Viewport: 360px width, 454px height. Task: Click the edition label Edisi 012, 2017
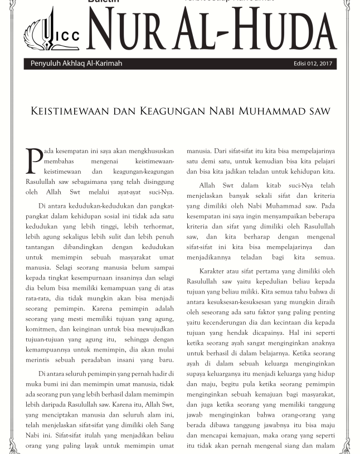[x=313, y=64]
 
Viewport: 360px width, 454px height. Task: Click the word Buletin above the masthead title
[x=104, y=2]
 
